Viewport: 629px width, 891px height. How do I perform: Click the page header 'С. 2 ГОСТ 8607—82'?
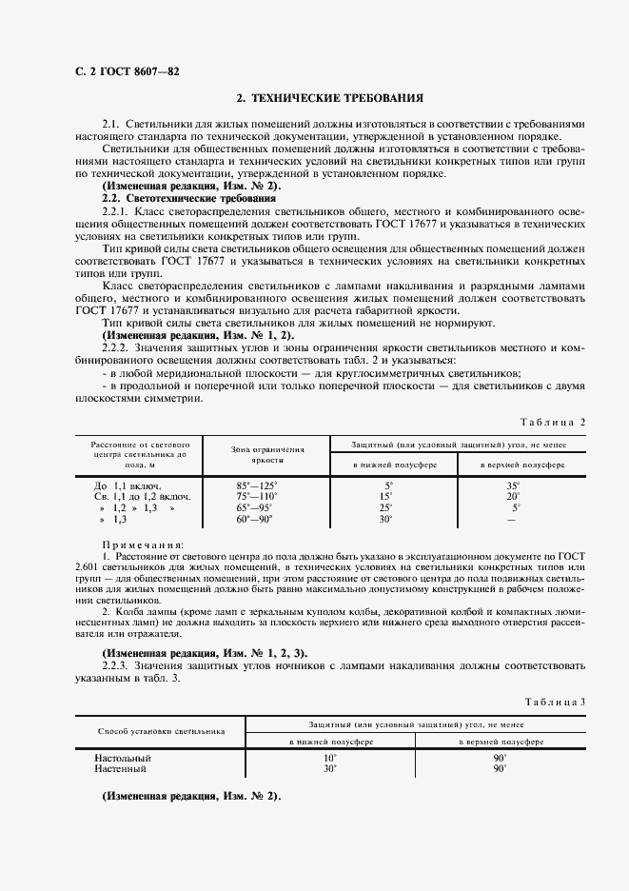click(x=112, y=72)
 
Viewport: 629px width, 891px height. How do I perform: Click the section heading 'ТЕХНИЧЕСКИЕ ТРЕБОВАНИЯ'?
click(x=328, y=98)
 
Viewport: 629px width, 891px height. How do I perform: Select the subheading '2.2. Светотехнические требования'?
click(x=188, y=198)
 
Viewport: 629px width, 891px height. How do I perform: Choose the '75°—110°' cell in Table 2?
click(x=256, y=496)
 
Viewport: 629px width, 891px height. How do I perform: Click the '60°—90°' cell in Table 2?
click(x=254, y=519)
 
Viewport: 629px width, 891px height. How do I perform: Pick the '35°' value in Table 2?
click(x=513, y=485)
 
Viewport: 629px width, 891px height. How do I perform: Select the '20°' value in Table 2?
click(x=513, y=496)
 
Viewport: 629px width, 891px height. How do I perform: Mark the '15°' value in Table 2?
click(x=385, y=496)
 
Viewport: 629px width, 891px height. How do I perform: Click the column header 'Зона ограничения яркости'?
click(x=266, y=452)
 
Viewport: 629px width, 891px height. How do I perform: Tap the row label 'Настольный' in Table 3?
click(x=123, y=758)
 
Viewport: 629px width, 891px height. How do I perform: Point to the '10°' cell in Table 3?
click(x=329, y=758)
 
